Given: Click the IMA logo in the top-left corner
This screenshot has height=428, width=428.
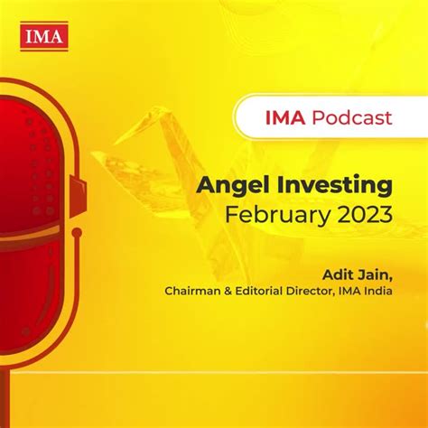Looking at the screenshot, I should click(x=39, y=37).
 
